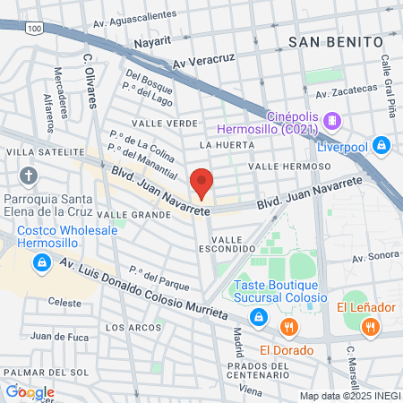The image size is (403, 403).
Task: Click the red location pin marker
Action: tap(201, 182)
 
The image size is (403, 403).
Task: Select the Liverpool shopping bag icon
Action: tap(382, 143)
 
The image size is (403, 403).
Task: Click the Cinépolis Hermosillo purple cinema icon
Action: tap(332, 119)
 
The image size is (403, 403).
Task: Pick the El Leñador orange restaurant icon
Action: tap(370, 329)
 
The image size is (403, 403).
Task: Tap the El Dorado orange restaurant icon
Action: tap(287, 327)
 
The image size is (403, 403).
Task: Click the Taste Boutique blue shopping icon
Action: tap(258, 316)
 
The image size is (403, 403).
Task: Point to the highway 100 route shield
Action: tap(35, 29)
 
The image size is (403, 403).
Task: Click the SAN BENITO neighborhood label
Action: tap(336, 42)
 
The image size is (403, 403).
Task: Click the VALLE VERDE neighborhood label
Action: tap(164, 123)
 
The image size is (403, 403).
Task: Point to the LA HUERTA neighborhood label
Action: tap(223, 144)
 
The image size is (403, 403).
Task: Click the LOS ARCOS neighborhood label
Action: tap(127, 328)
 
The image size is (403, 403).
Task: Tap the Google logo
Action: tap(30, 391)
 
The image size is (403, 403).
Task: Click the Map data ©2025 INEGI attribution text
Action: tap(349, 396)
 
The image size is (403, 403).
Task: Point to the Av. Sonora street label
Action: tap(373, 257)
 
